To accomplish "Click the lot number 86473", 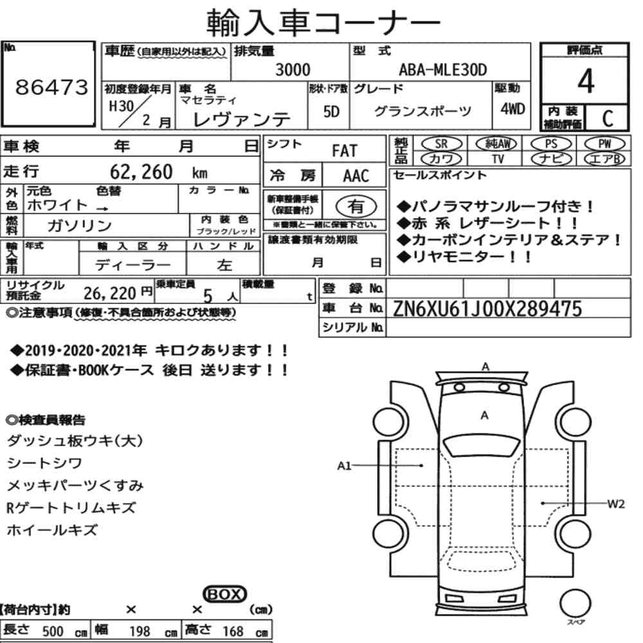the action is tap(51, 87).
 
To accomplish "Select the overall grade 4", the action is tap(586, 81).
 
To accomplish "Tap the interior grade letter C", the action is tap(608, 118).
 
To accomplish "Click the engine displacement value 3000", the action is tap(293, 69).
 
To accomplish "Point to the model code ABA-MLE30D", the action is tap(443, 69).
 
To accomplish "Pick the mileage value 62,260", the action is tap(141, 172).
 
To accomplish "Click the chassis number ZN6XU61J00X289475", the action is tap(487, 309).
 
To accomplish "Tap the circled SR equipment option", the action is tap(441, 144).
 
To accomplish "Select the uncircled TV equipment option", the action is tap(498, 159).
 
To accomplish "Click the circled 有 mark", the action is tap(356, 206).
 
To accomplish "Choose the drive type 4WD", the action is tap(512, 109).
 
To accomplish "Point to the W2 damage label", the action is tap(616, 503).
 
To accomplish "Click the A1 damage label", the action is tap(344, 466).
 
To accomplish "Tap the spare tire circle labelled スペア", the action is tap(575, 603).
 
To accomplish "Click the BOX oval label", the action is tap(224, 594).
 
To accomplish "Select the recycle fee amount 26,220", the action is tap(110, 293).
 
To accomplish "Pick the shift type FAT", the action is tap(345, 151).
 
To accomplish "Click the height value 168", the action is tap(233, 631).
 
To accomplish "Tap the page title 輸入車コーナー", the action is tap(323, 22).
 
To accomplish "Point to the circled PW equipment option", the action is tap(604, 144).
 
